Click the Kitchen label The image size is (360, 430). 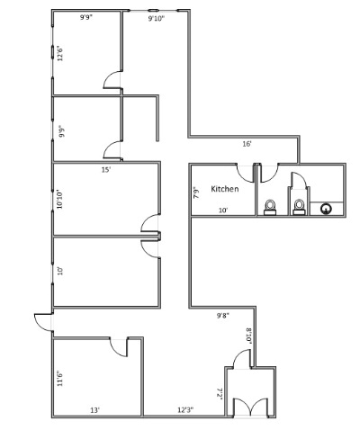(x=225, y=189)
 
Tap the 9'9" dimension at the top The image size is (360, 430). (x=86, y=17)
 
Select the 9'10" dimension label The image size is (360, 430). (x=157, y=19)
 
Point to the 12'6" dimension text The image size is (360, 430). (x=60, y=53)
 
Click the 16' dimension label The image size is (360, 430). (x=247, y=144)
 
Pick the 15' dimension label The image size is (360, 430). (x=106, y=170)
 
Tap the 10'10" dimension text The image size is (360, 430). (x=60, y=199)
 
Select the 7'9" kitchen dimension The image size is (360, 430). (x=196, y=193)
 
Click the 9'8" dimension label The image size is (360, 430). (x=223, y=315)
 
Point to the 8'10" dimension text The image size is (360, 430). (x=248, y=336)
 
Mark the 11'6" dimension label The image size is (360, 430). (x=60, y=379)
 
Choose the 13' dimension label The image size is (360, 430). (x=94, y=410)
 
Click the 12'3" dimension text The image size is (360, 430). (x=185, y=409)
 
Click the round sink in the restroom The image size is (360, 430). (x=326, y=209)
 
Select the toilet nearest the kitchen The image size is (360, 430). (x=270, y=207)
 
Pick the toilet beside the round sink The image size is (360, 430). (x=299, y=207)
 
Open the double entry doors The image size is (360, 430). (x=250, y=408)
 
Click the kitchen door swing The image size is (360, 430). (x=245, y=174)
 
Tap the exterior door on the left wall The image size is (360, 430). (x=44, y=322)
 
